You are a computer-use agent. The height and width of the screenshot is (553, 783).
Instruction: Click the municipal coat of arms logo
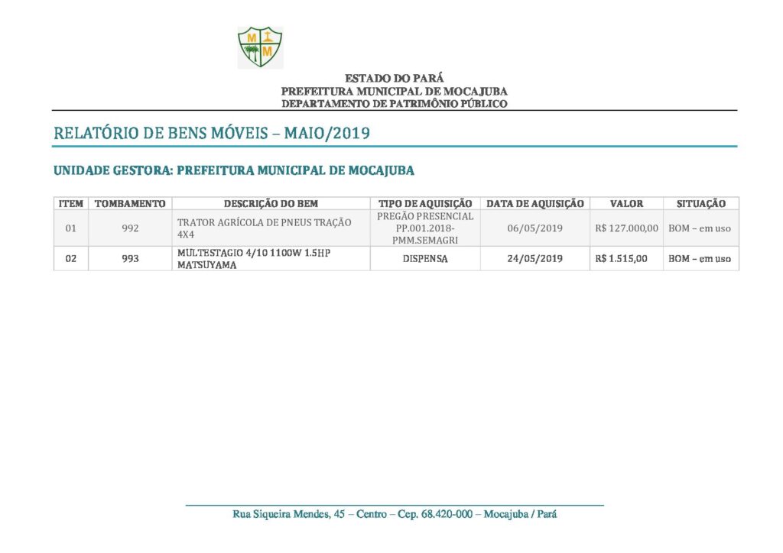260,47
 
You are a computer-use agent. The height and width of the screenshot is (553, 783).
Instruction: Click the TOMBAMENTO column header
130,204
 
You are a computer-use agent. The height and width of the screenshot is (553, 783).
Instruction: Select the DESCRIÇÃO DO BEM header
271,204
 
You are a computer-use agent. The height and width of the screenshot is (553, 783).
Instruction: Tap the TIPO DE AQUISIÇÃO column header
425,204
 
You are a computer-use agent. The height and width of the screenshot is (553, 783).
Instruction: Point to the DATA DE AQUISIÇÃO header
535,204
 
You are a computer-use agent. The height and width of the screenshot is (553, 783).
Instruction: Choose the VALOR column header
626,204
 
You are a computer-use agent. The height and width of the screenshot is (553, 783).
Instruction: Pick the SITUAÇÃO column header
700,204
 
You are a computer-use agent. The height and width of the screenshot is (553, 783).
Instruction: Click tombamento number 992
130,228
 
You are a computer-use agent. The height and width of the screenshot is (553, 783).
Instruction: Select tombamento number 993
130,259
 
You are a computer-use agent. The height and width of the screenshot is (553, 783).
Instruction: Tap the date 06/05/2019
535,228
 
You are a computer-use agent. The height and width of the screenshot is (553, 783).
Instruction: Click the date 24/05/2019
535,259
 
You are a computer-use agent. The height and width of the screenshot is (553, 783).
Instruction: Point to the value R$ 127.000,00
626,228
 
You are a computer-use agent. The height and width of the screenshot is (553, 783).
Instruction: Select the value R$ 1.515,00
621,259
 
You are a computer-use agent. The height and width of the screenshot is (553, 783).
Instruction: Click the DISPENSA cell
425,259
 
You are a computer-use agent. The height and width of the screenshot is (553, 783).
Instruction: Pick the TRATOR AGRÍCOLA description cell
264,228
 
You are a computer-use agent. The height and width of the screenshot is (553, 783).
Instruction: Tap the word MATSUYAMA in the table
206,265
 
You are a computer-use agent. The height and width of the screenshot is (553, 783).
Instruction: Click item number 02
70,259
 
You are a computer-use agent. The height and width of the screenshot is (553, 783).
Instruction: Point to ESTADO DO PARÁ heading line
394,78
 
